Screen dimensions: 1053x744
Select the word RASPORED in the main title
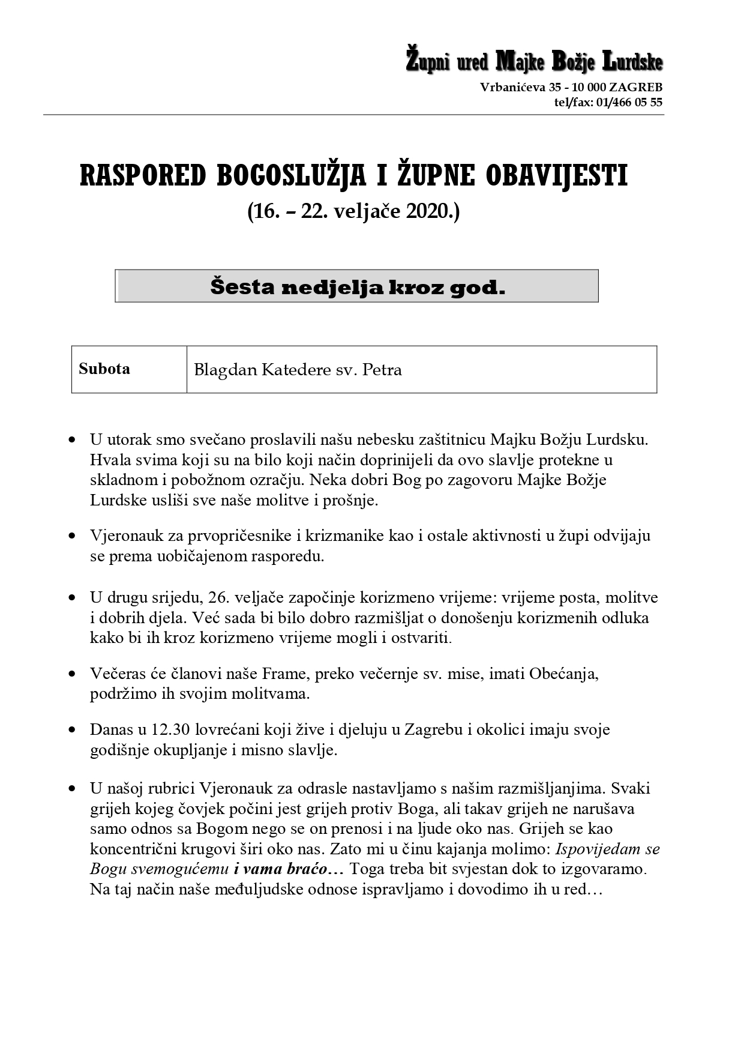[x=143, y=176]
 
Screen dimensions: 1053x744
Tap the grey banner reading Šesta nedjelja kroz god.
[x=357, y=286]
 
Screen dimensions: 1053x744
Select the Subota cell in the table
[x=104, y=369]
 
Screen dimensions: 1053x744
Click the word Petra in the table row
[x=382, y=370]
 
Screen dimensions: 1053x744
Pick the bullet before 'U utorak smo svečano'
[x=73, y=440]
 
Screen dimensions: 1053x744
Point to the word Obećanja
[x=563, y=674]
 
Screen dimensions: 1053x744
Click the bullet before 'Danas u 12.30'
[x=73, y=731]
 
